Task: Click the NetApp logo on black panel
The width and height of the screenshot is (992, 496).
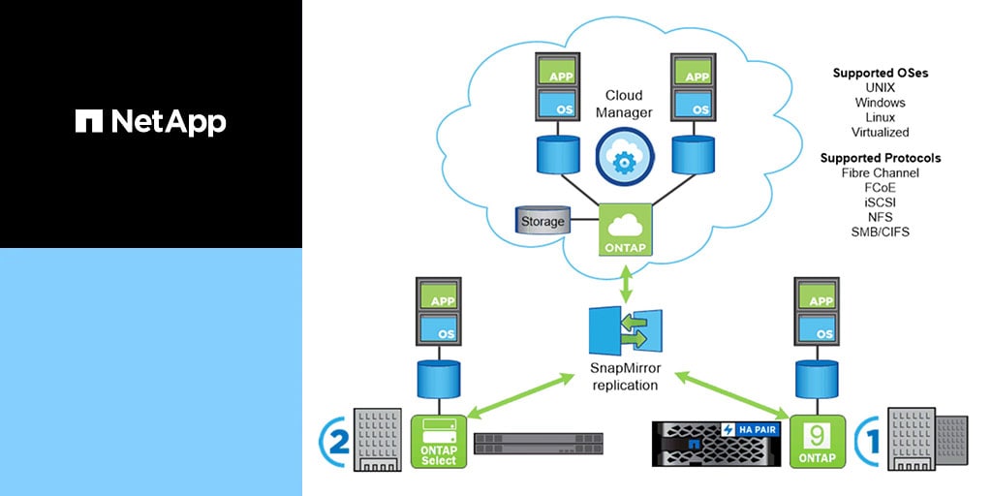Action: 150,121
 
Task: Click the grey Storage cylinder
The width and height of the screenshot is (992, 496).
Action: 542,222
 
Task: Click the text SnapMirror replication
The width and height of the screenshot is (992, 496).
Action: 625,376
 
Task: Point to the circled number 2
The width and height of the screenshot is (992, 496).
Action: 333,441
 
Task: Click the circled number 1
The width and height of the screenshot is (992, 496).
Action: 869,441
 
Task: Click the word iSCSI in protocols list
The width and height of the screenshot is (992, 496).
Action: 880,202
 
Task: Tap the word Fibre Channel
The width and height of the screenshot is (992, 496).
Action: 880,172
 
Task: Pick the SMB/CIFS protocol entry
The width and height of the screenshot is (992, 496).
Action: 880,232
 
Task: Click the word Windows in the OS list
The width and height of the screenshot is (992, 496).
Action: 880,103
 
